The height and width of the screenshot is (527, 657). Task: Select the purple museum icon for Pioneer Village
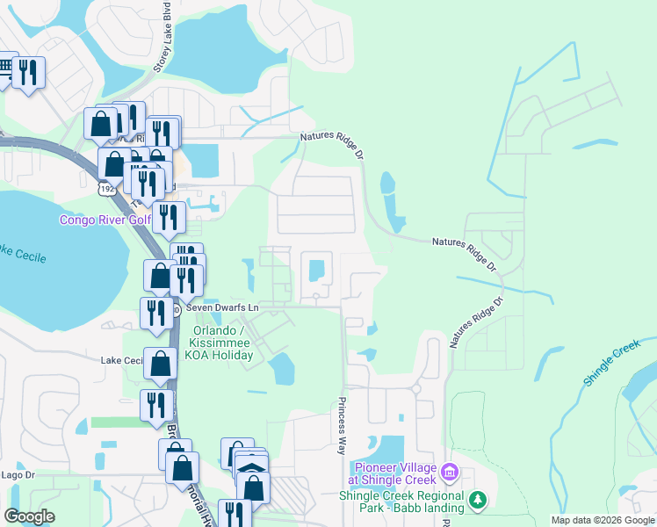(x=449, y=473)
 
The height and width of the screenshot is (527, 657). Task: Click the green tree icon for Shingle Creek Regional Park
(x=477, y=500)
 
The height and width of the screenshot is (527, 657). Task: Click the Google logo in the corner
(x=29, y=516)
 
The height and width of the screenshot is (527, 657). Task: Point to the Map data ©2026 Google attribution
(x=602, y=520)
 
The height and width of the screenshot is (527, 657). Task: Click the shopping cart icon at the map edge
(x=5, y=69)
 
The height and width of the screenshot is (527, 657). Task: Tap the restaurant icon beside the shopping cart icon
(x=30, y=74)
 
